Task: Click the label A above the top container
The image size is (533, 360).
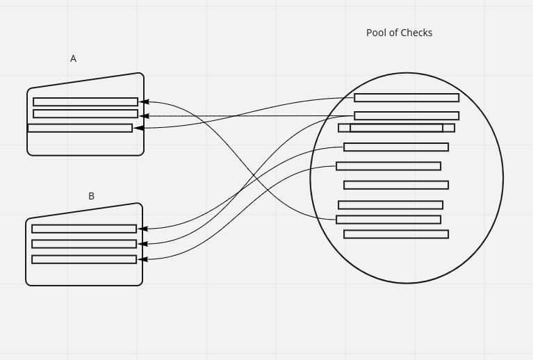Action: (x=73, y=59)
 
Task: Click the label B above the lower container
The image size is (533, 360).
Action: (x=91, y=197)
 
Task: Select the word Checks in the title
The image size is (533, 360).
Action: (x=416, y=33)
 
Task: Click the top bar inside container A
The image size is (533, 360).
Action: (x=85, y=102)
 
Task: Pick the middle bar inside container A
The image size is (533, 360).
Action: (x=85, y=114)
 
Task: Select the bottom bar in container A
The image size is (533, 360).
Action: (x=80, y=128)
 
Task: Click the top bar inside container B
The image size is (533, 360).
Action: (x=84, y=229)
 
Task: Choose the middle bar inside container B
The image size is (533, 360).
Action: (x=84, y=244)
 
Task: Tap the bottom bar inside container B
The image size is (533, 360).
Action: (x=84, y=259)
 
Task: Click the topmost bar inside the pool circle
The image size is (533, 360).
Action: (x=407, y=98)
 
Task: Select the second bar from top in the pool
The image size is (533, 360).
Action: (x=407, y=116)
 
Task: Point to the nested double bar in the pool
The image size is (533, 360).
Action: (x=396, y=128)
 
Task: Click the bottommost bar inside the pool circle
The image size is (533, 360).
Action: (x=396, y=234)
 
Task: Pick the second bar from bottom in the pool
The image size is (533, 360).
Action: (x=388, y=220)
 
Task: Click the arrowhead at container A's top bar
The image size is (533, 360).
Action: (x=144, y=102)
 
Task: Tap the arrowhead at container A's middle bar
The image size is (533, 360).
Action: (x=144, y=116)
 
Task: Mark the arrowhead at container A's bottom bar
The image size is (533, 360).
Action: (x=138, y=128)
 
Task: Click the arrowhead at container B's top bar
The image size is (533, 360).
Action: (x=142, y=229)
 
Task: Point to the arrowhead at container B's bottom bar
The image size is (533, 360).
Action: (x=142, y=259)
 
